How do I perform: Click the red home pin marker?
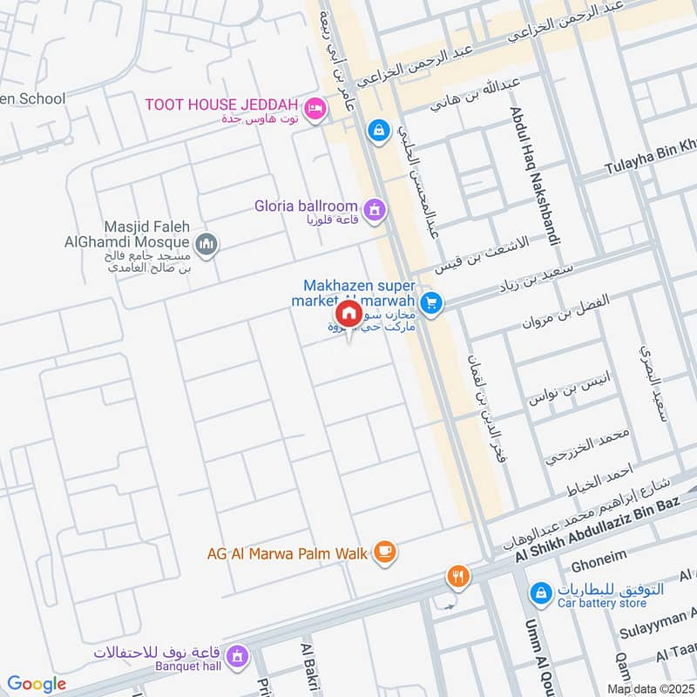[x=348, y=315]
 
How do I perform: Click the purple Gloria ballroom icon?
[x=375, y=209]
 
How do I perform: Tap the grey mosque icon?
[x=206, y=245]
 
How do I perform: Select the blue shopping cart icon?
[x=430, y=303]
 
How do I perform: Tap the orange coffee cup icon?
[x=385, y=552]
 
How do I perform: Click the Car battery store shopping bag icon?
[x=541, y=593]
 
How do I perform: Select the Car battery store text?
[x=601, y=603]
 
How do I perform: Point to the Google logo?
[x=37, y=684]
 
